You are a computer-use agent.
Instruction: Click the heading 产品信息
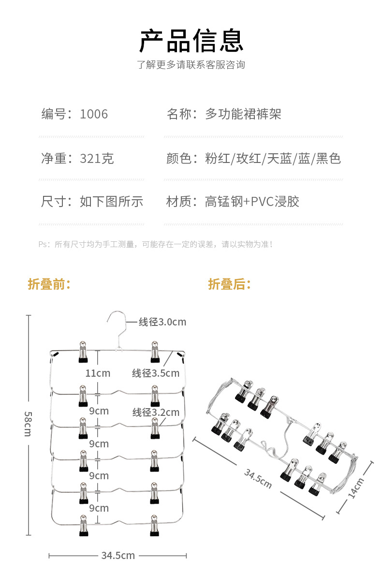(x=191, y=40)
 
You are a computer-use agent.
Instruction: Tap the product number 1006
(x=94, y=114)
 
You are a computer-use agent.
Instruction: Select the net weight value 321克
(x=97, y=158)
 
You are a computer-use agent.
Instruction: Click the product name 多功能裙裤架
(x=243, y=114)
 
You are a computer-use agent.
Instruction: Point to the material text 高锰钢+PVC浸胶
(x=252, y=201)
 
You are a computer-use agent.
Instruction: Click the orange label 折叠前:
(x=49, y=284)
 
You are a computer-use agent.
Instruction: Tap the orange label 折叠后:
(x=230, y=284)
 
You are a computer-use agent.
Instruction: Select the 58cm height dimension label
(x=28, y=423)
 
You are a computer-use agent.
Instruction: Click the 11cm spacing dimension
(x=98, y=373)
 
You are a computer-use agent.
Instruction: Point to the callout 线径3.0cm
(x=162, y=322)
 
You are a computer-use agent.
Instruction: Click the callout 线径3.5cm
(x=156, y=373)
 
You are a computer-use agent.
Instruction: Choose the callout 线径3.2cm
(x=156, y=413)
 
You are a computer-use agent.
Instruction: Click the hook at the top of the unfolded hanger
(x=116, y=322)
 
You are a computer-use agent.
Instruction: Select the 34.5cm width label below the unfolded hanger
(x=118, y=555)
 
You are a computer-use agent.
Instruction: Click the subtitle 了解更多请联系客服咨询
(x=191, y=65)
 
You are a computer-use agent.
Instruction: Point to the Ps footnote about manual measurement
(x=156, y=244)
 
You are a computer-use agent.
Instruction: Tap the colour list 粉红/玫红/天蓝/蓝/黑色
(x=273, y=158)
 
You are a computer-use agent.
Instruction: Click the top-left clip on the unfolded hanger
(x=83, y=352)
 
